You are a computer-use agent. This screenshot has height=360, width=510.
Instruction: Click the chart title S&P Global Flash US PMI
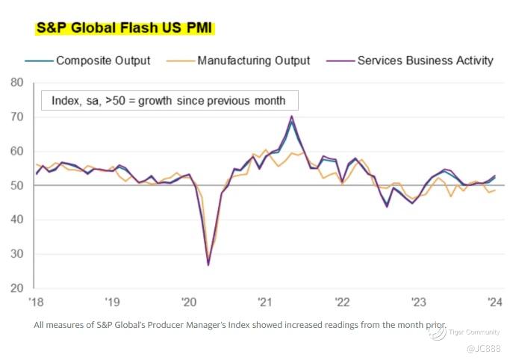point(125,29)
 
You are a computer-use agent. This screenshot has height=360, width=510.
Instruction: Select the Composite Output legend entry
point(103,60)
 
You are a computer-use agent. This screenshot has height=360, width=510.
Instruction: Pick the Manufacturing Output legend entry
point(254,60)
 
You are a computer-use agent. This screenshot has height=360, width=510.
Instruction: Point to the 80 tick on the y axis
point(17,82)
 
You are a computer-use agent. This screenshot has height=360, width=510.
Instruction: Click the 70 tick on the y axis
point(17,117)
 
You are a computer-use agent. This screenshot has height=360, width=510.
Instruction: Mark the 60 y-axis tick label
point(17,151)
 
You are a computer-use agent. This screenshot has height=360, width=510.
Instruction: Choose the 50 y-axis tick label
point(17,185)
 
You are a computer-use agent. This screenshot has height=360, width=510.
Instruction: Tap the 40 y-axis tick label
point(17,220)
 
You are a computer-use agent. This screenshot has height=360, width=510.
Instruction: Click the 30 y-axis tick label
point(17,254)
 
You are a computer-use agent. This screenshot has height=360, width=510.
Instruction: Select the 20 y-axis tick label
point(17,288)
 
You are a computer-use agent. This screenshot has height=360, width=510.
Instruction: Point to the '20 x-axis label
point(188,302)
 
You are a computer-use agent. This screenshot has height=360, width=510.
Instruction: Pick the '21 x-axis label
point(264,302)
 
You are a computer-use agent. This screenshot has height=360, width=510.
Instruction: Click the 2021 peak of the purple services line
point(291,116)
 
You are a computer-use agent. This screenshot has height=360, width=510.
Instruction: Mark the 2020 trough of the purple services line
point(208,265)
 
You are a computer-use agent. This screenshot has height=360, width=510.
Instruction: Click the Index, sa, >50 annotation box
point(168,100)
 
